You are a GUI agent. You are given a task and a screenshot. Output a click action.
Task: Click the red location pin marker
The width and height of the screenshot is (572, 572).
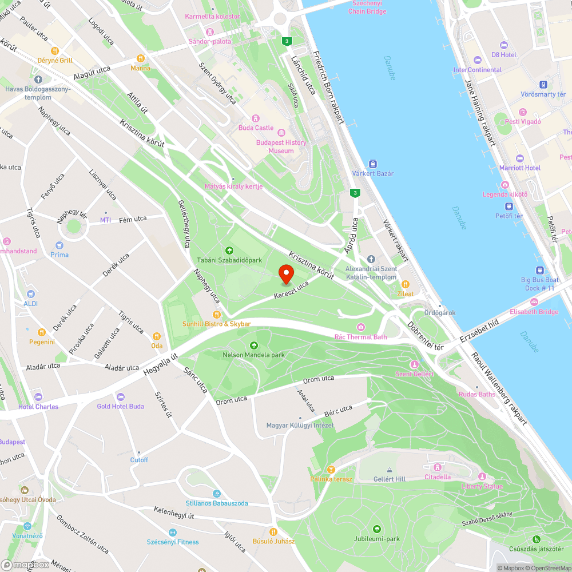(286, 274)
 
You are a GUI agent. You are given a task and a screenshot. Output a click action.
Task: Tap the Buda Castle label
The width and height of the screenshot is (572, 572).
(256, 128)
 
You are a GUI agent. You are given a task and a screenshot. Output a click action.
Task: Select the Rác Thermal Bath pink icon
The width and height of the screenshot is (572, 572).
(360, 327)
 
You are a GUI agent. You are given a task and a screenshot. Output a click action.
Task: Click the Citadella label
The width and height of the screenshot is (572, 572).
(438, 477)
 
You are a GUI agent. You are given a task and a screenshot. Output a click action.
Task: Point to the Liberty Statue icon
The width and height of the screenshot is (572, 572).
(482, 476)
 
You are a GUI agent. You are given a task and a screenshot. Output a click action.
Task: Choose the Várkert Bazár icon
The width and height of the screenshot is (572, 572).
(373, 164)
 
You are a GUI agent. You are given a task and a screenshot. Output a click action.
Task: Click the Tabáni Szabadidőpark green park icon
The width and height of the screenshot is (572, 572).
(229, 250)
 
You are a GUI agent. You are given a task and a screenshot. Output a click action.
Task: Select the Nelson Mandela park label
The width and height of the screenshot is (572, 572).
(253, 355)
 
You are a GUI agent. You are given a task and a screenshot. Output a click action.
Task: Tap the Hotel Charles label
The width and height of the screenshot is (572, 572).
(38, 407)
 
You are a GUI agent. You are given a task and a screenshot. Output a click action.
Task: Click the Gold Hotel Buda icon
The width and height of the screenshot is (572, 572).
(120, 396)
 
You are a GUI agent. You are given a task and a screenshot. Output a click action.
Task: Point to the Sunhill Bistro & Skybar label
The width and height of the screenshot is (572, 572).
(216, 324)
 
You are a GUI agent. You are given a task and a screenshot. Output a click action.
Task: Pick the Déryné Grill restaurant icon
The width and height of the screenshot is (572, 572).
(55, 50)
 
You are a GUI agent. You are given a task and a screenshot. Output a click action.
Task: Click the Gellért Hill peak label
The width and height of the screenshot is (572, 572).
(389, 479)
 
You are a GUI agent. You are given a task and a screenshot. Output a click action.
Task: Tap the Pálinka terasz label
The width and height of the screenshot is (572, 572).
(331, 479)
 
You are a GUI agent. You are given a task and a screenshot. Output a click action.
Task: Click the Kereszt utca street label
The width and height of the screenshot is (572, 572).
(291, 289)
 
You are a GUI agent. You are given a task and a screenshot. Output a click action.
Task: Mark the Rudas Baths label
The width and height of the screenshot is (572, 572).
(476, 394)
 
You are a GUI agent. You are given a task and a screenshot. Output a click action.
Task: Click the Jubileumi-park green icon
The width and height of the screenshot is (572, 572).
(376, 529)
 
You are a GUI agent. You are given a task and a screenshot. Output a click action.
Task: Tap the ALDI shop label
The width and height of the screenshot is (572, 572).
(30, 303)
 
